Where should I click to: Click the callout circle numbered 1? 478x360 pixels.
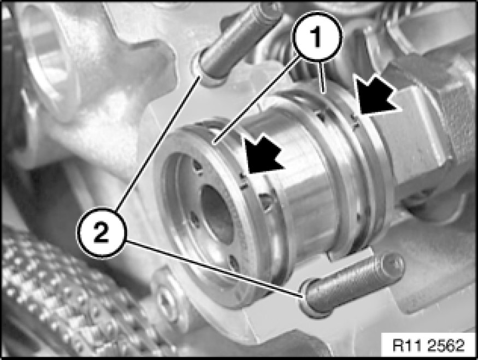click(317, 36)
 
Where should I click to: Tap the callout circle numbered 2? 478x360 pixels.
click(101, 233)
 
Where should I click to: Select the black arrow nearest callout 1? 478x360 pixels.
click(376, 95)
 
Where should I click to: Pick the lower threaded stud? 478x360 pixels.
click(351, 285)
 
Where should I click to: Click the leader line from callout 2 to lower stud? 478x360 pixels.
click(214, 268)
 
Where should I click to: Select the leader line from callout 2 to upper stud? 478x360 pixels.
click(158, 143)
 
